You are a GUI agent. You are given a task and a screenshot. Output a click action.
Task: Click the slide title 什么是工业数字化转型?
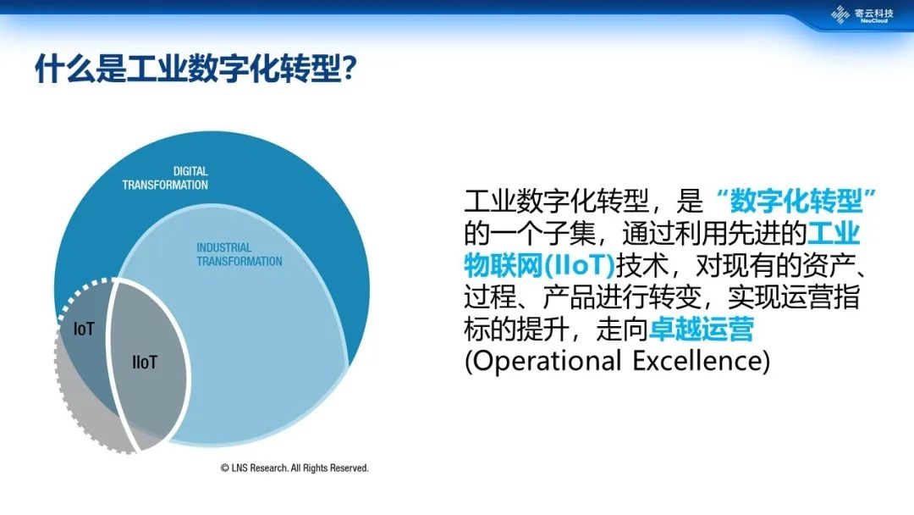coord(195,69)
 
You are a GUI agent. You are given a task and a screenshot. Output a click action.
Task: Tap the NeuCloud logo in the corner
coord(862,14)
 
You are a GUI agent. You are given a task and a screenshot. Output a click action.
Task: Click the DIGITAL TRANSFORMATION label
coord(165,178)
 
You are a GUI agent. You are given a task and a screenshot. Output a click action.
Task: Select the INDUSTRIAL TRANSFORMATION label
coord(239,254)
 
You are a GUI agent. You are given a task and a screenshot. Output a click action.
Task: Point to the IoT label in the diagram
coord(83,329)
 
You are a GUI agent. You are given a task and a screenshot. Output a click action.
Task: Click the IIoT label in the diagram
coord(145,363)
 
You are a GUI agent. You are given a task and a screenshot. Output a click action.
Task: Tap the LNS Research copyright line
coord(295,468)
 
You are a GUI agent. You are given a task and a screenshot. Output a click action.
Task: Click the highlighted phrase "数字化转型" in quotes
coord(796,202)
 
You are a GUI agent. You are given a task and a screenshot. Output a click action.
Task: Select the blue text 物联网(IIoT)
coord(540,265)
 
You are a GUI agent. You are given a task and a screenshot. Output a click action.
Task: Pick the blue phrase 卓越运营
coord(702,329)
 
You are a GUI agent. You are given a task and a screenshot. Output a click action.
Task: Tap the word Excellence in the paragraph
coord(697,361)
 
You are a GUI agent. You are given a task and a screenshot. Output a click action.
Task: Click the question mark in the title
coord(350,69)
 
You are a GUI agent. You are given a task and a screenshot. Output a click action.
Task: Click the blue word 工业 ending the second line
coord(834,233)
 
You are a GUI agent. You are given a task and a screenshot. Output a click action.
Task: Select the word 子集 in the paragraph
coord(570,233)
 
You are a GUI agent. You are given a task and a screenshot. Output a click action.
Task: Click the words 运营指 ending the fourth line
coord(821,296)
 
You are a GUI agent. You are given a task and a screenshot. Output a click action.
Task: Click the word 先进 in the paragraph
coord(754,233)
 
